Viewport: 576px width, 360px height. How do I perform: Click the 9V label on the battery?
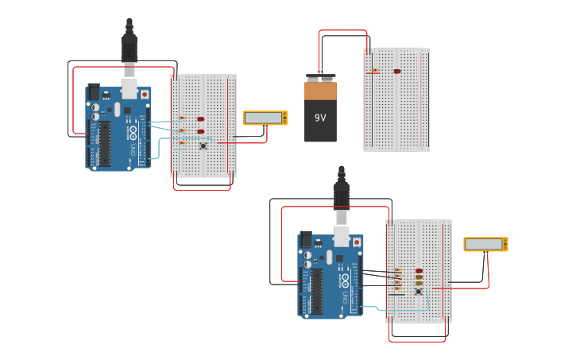click(x=320, y=118)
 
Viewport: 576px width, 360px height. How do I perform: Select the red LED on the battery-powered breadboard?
click(x=397, y=72)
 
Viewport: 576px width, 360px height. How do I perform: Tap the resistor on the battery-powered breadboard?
click(x=375, y=72)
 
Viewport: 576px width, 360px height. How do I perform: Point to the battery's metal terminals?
click(x=320, y=78)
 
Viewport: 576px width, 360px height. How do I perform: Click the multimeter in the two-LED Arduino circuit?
click(x=265, y=118)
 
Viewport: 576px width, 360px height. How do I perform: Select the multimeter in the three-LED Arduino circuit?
click(x=485, y=244)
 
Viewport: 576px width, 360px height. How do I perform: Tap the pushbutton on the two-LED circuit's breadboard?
click(x=203, y=145)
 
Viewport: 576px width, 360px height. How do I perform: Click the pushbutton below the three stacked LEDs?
click(x=419, y=292)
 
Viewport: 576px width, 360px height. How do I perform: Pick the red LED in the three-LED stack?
click(x=419, y=271)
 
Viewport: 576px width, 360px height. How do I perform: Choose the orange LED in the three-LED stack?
click(x=419, y=277)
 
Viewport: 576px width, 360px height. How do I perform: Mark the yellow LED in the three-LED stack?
click(x=419, y=283)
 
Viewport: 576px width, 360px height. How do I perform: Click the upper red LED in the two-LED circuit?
click(x=200, y=119)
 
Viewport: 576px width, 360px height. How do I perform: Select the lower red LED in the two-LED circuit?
click(x=200, y=132)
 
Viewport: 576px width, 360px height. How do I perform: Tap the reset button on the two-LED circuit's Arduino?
click(x=144, y=95)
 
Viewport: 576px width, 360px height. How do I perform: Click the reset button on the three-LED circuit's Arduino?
click(x=357, y=242)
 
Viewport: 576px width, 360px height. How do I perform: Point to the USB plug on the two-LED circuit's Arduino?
click(x=129, y=48)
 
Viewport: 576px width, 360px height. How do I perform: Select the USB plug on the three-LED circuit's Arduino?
click(x=341, y=195)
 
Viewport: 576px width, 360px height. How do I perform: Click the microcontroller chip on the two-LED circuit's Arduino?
click(x=105, y=143)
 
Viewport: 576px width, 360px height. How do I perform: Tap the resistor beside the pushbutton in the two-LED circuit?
click(x=184, y=143)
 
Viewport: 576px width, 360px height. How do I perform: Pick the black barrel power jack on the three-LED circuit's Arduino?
click(x=306, y=238)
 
